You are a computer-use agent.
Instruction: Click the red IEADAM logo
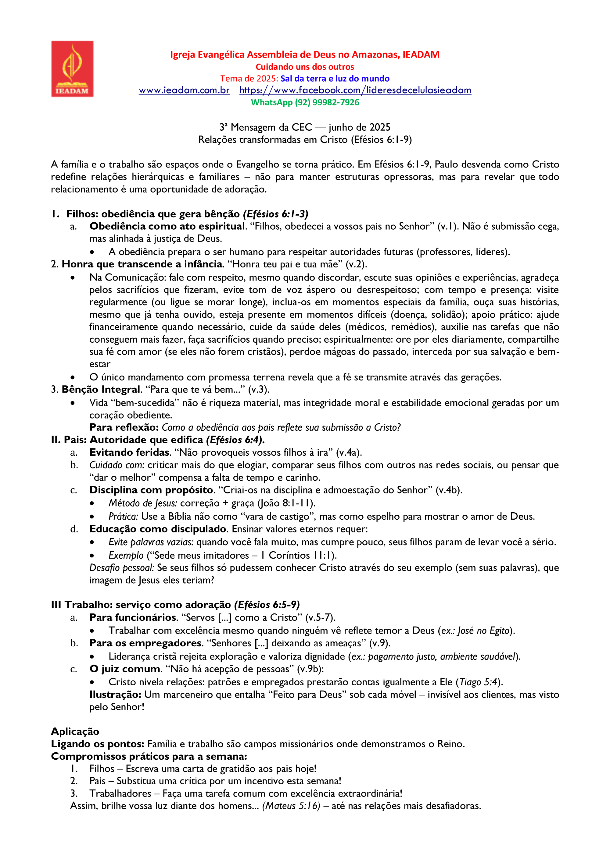(x=72, y=69)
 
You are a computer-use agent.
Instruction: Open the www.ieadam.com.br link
(x=184, y=90)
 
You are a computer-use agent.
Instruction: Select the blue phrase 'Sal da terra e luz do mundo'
(x=335, y=79)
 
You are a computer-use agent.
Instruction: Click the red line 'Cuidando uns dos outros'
(x=305, y=67)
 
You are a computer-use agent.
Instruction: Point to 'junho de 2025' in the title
(x=359, y=127)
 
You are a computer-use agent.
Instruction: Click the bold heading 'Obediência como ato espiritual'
(x=167, y=226)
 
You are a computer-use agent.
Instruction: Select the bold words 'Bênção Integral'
(x=101, y=389)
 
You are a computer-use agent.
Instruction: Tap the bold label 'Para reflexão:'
(x=124, y=427)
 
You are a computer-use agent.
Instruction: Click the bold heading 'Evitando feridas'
(x=129, y=452)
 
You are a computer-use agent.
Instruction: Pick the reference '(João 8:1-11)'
(x=286, y=503)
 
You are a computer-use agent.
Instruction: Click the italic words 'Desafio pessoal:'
(x=121, y=568)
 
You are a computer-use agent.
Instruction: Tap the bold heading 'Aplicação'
(x=75, y=731)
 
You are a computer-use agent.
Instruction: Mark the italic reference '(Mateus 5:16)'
(x=291, y=806)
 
